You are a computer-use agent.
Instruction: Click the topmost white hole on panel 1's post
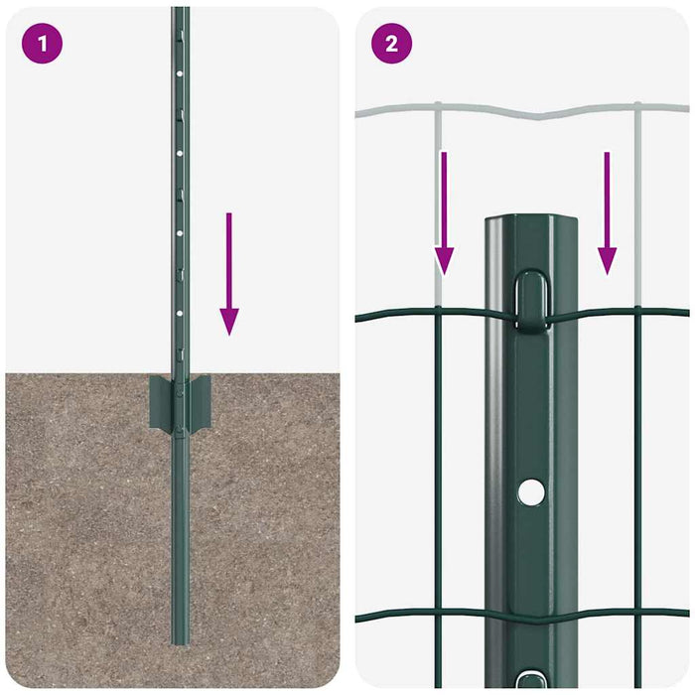pyautogui.click(x=179, y=73)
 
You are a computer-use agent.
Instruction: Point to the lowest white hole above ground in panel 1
pyautogui.click(x=179, y=312)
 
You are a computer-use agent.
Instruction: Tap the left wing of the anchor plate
pyautogui.click(x=159, y=402)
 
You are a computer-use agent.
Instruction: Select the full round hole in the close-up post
pyautogui.click(x=531, y=490)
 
